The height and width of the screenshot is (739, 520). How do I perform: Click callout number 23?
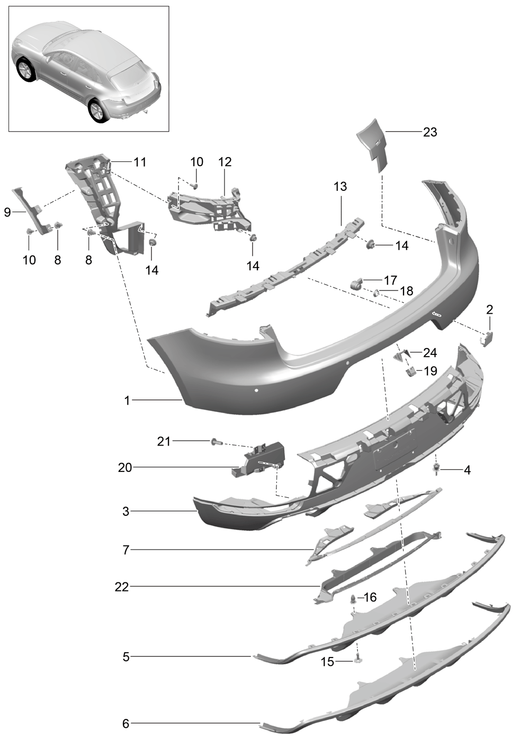click(x=429, y=132)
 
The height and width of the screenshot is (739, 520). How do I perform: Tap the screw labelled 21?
click(x=214, y=441)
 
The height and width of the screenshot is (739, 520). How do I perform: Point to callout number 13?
click(x=340, y=186)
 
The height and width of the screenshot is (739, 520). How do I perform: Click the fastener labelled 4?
click(x=438, y=468)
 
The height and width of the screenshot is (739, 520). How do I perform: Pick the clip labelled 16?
click(x=354, y=599)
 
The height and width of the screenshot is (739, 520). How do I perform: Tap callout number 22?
click(x=122, y=587)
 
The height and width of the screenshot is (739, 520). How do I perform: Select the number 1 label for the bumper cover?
click(x=127, y=401)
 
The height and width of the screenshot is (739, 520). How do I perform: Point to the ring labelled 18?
click(x=376, y=292)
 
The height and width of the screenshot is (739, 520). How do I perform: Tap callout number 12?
click(x=225, y=162)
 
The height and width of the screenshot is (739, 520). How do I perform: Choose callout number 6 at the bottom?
click(x=125, y=723)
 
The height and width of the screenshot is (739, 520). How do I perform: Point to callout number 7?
click(x=125, y=550)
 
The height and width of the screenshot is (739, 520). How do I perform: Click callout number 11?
click(x=139, y=162)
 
